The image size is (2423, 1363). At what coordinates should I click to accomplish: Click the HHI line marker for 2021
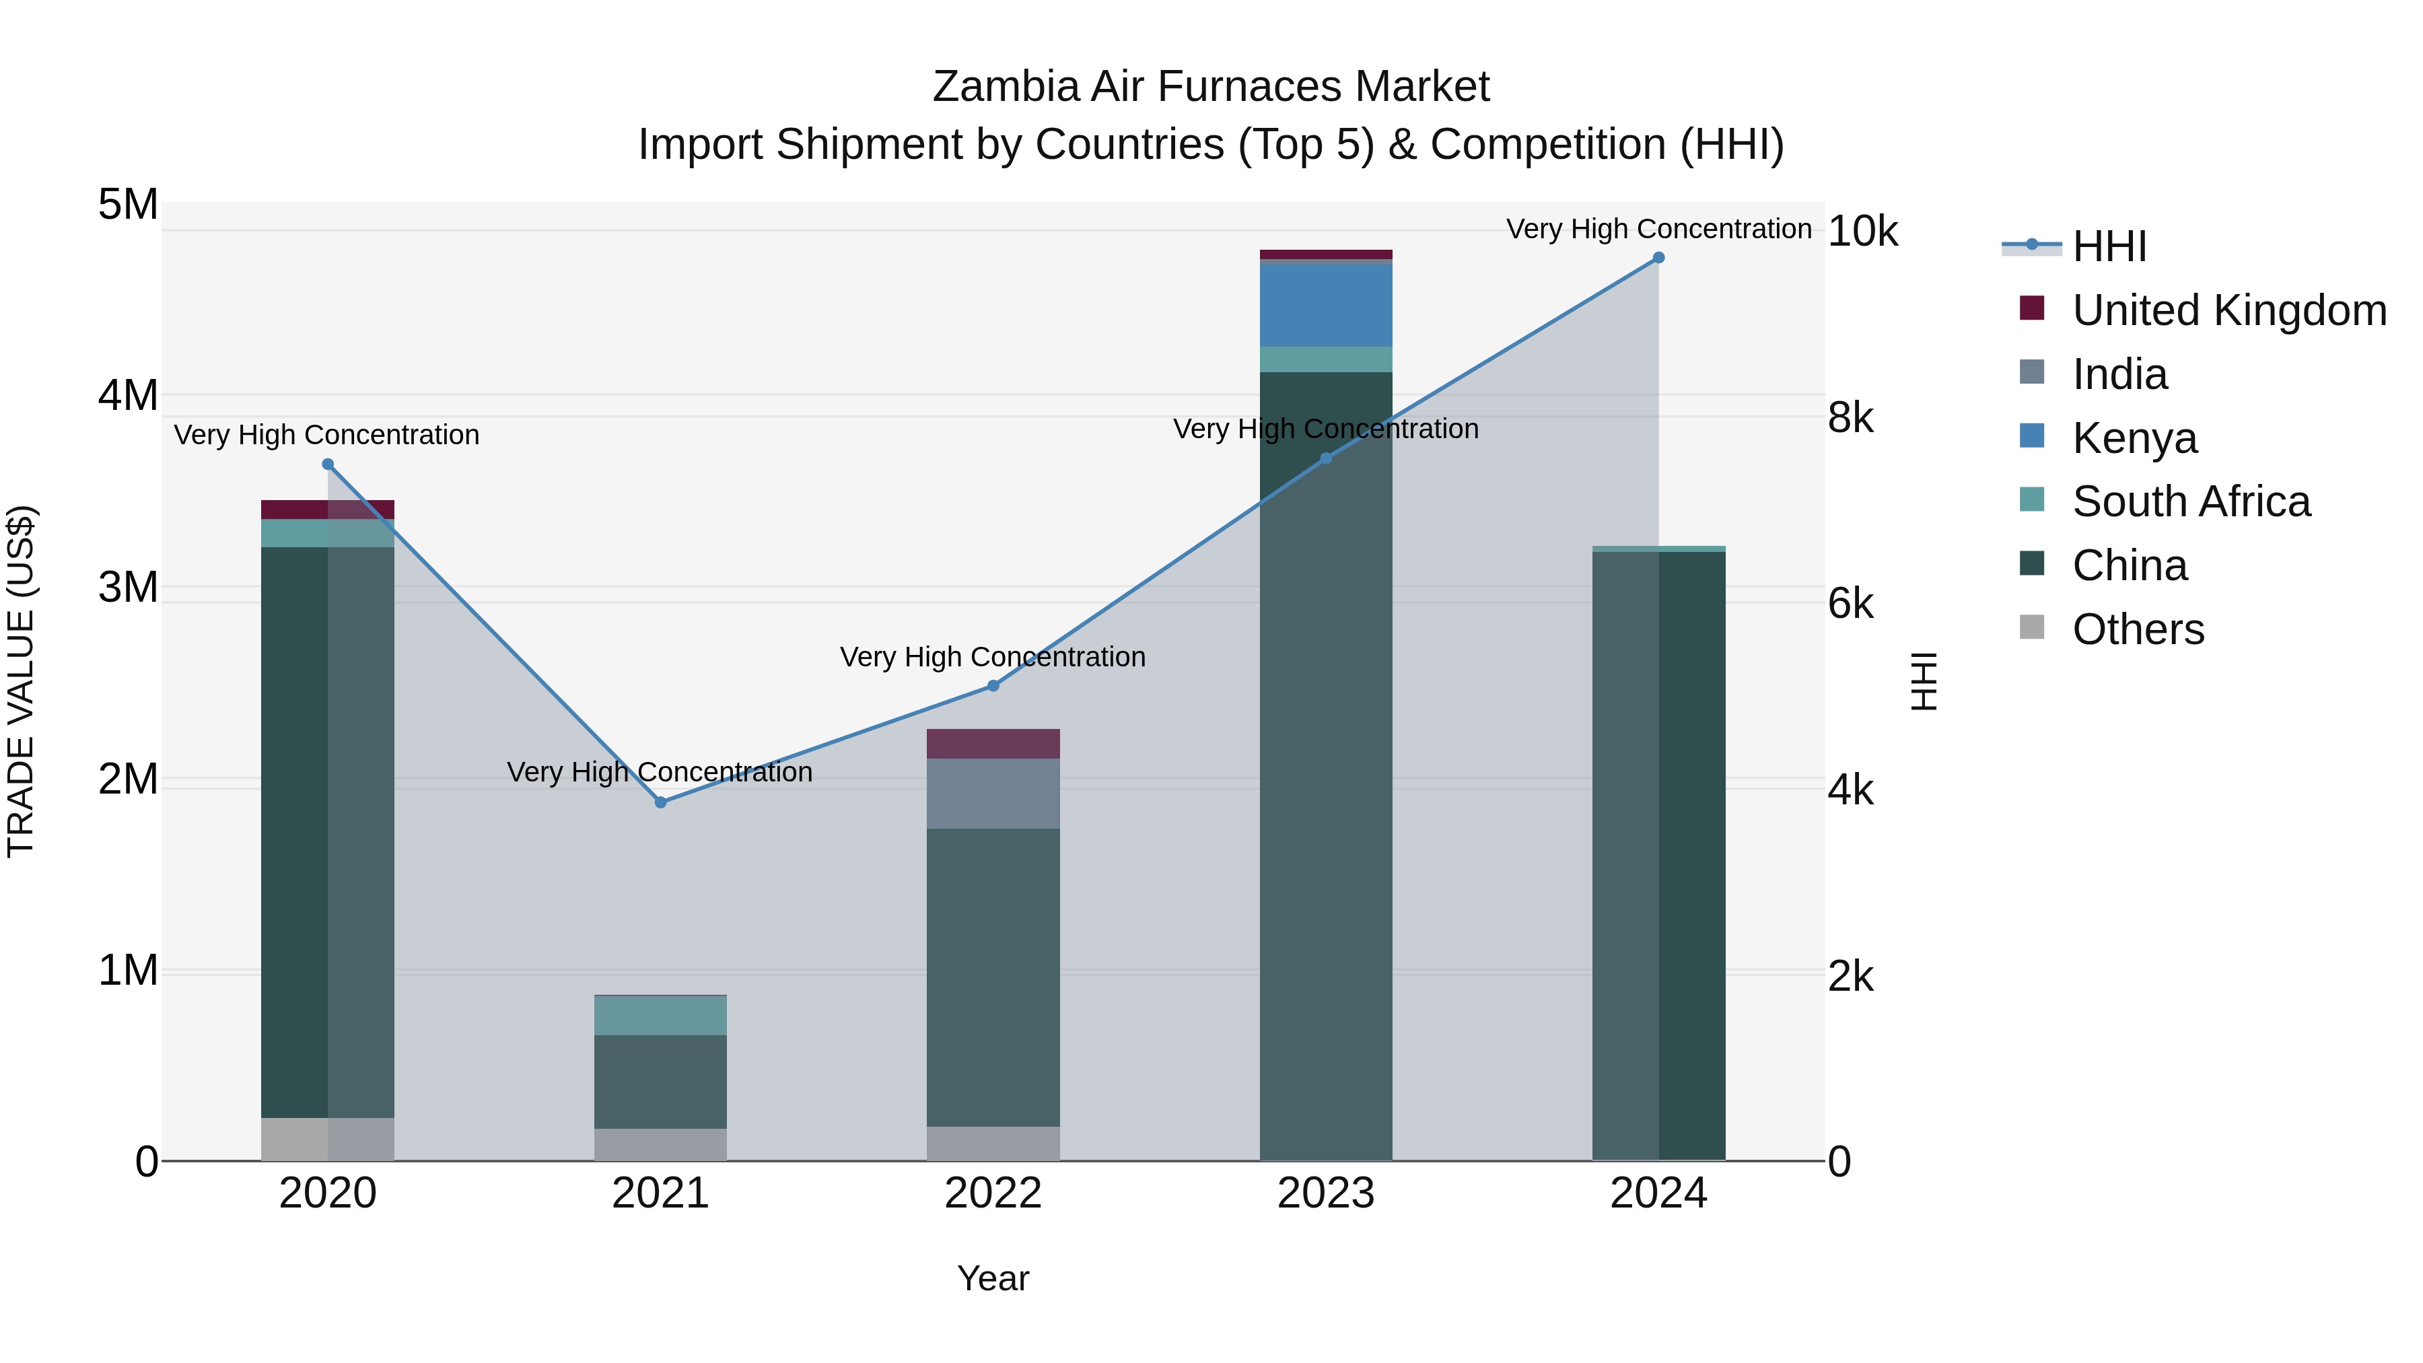(660, 802)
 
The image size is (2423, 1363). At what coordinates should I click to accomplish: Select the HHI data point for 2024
(1658, 258)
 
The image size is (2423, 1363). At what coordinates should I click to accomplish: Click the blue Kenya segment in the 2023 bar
(1325, 306)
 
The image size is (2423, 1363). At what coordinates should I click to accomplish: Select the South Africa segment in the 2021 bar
(660, 1015)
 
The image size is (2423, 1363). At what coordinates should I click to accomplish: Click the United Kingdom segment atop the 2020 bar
(327, 509)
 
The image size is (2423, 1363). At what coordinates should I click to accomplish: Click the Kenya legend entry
(2134, 438)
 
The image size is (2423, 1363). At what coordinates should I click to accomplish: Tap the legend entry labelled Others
(2138, 629)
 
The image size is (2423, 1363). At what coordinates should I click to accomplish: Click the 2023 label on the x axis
(1325, 1193)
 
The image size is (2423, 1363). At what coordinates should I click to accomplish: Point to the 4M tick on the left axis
(128, 395)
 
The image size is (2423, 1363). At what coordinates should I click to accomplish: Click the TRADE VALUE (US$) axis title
(21, 681)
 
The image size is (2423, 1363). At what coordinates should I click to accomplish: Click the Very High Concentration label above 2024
(1658, 229)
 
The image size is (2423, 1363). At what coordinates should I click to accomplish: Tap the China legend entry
(2130, 565)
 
